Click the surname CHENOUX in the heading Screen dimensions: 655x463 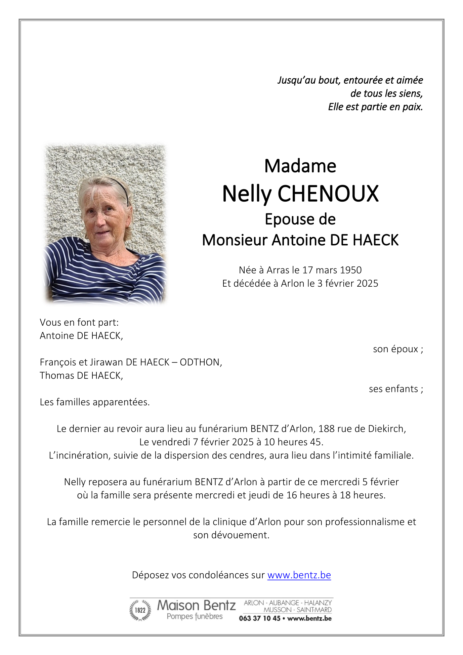[328, 194]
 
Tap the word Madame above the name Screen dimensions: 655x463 [300, 166]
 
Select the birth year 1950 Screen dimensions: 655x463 [351, 270]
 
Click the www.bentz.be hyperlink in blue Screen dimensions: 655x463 [299, 575]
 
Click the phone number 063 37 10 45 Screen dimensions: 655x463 [259, 618]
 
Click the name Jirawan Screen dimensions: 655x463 [106, 362]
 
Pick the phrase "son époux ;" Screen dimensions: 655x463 [398, 349]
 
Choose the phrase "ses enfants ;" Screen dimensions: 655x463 [396, 389]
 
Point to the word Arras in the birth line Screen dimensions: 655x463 [278, 270]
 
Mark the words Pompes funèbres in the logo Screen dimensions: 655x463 [195, 616]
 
